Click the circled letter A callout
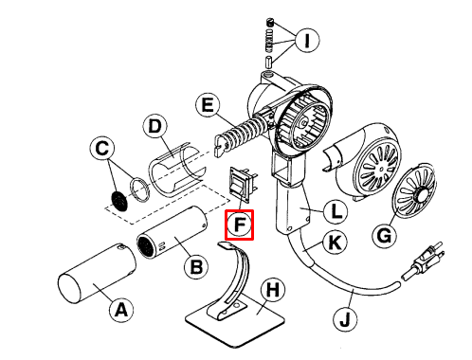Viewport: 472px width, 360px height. point(121,310)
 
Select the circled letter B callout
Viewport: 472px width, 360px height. point(196,267)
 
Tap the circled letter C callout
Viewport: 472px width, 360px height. point(101,148)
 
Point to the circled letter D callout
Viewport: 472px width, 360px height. point(154,127)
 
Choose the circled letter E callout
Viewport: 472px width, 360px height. point(208,105)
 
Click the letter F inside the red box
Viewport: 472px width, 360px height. point(240,225)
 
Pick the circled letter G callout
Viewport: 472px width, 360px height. point(384,236)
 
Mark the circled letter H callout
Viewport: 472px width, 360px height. point(273,290)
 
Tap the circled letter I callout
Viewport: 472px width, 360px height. point(307,40)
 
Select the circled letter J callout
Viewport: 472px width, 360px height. point(345,319)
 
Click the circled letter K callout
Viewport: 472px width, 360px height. point(335,243)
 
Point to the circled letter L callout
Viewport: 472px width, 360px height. point(336,211)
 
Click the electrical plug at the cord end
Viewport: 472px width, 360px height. point(424,261)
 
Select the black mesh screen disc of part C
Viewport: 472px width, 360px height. point(119,201)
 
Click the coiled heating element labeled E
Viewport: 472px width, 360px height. point(243,133)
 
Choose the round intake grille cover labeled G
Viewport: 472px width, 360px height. point(412,190)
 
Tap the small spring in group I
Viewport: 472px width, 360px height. point(269,41)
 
